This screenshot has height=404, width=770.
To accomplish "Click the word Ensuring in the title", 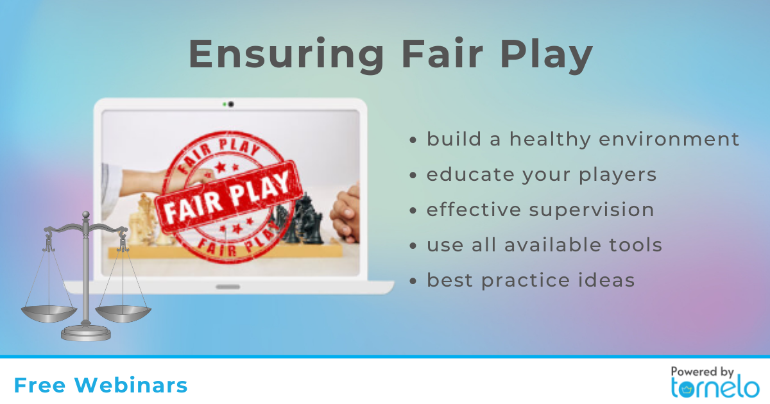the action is (286, 55).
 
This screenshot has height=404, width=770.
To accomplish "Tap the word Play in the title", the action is (546, 55).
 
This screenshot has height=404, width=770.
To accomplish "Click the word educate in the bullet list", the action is (470, 174).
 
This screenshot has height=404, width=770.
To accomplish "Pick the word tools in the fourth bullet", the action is (636, 244).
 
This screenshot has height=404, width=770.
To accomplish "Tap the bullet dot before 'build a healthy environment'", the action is (413, 140).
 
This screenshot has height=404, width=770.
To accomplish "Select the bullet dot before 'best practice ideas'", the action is (413, 281).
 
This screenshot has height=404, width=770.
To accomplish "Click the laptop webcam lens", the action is (231, 104).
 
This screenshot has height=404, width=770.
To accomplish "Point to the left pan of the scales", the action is (49, 314).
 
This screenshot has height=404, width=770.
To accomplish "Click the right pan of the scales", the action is (123, 314).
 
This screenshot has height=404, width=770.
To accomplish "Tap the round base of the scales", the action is (86, 333).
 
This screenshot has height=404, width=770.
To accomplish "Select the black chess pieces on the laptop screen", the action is (298, 220).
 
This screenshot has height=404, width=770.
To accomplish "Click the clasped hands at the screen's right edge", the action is (345, 213).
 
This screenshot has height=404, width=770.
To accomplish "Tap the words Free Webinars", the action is (101, 385).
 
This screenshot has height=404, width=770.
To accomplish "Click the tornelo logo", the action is (715, 387).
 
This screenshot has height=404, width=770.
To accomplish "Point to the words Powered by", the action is (702, 372).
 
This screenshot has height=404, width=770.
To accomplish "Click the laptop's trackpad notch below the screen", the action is (228, 287).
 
